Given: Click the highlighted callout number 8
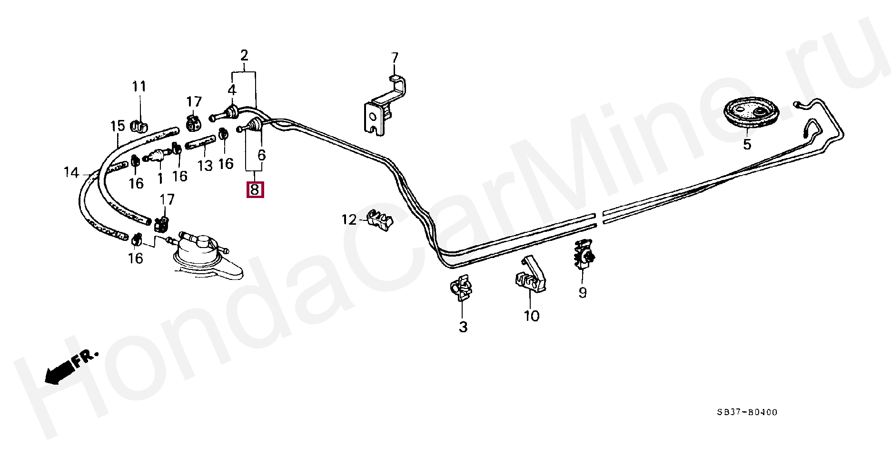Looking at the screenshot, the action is point(255,190).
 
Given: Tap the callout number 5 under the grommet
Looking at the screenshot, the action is point(747,144).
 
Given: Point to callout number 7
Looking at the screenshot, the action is point(395,58).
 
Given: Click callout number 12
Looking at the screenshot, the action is point(349,219).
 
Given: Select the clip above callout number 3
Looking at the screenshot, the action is point(461,288).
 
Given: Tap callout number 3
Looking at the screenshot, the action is point(463,327).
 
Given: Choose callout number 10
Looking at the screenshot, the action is point(531,316).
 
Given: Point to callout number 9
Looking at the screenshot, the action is point(583,292).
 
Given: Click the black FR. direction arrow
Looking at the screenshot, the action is point(59,371).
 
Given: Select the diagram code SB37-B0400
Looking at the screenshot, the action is point(747,412).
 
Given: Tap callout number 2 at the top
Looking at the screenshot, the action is point(244,55).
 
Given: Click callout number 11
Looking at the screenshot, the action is point(139,86).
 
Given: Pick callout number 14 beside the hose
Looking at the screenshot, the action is point(71,172).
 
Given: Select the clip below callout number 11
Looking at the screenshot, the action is point(139,126).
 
